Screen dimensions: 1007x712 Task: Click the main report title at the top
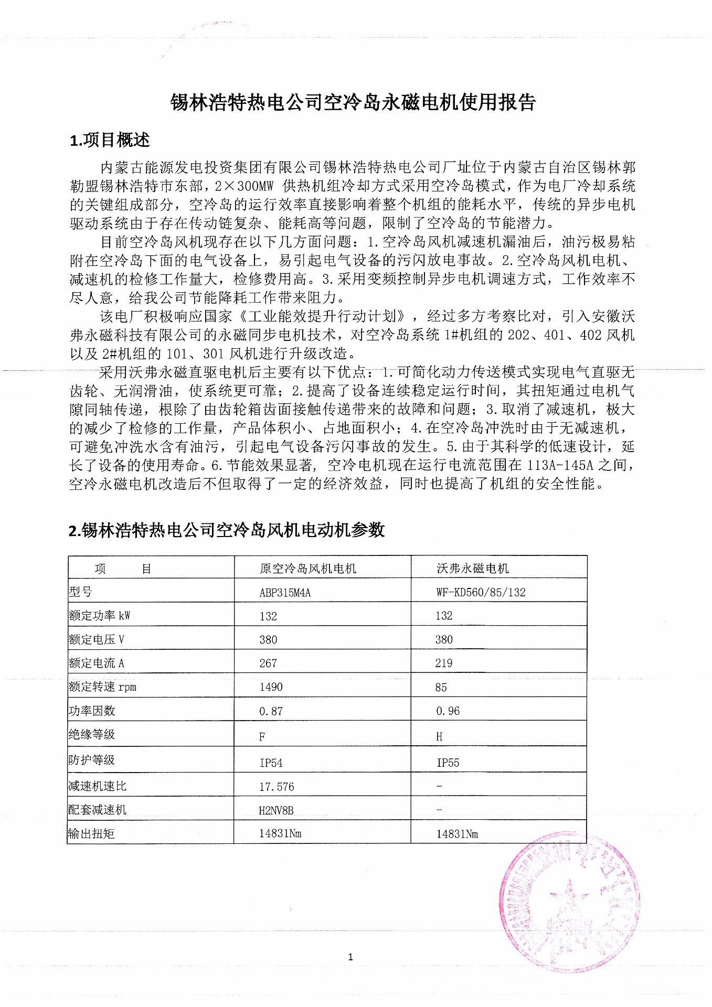point(353,102)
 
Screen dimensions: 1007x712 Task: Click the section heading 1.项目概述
point(110,140)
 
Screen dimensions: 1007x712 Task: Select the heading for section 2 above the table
point(227,530)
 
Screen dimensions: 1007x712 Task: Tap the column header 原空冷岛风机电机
point(308,569)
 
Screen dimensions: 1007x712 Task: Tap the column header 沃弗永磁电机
point(473,569)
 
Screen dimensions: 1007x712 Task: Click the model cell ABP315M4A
point(285,593)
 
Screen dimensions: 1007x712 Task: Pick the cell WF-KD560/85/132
point(481,593)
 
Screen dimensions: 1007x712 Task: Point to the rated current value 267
point(268,663)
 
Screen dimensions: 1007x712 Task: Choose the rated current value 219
point(444,663)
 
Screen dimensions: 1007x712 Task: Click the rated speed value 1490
point(271,687)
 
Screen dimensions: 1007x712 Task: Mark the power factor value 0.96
point(448,711)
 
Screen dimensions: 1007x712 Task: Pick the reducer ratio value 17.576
point(277,787)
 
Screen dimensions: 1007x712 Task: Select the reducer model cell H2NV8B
point(276,810)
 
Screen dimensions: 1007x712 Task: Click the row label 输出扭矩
point(91,833)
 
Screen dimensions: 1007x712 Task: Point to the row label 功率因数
point(92,711)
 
